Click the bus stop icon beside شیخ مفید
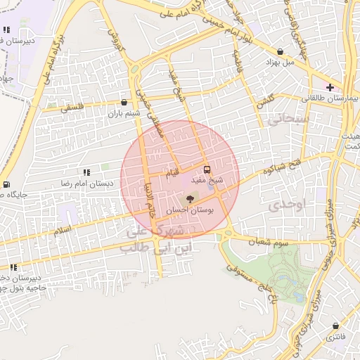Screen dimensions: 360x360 pyautogui.click(x=207, y=169)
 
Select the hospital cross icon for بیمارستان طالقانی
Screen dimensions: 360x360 pyautogui.click(x=330, y=87)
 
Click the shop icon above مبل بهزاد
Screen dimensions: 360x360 pyautogui.click(x=281, y=51)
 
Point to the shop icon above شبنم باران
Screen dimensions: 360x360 pyautogui.click(x=124, y=102)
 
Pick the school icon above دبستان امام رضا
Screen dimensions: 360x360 pyautogui.click(x=86, y=172)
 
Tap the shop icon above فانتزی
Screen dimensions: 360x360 pyautogui.click(x=336, y=326)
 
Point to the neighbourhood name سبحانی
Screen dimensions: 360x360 pyautogui.click(x=284, y=121)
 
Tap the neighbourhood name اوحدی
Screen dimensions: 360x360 pyautogui.click(x=285, y=205)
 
